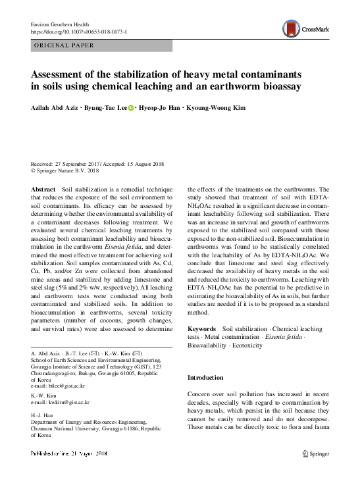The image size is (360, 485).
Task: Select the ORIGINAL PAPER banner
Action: pyautogui.click(x=64, y=45)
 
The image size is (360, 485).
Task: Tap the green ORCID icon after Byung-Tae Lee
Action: pyautogui.click(x=130, y=108)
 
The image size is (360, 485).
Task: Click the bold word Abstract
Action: pyautogui.click(x=43, y=189)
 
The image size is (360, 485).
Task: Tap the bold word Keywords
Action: pyautogui.click(x=201, y=328)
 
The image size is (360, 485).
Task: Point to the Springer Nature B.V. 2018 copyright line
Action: pyautogui.click(x=67, y=170)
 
